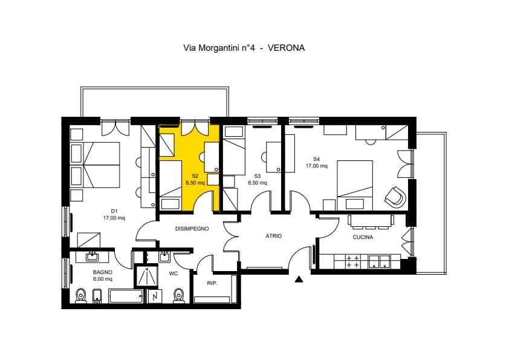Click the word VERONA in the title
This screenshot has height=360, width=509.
[285, 47]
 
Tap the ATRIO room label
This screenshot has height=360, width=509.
[274, 236]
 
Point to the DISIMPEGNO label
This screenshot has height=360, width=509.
[192, 229]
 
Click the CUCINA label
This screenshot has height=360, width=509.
[363, 238]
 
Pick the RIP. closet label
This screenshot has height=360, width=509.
[212, 283]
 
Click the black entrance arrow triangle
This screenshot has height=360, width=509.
[299, 280]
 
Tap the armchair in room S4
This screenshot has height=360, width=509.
[395, 196]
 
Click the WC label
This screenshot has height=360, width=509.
[172, 273]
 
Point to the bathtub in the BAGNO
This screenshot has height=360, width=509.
[126, 296]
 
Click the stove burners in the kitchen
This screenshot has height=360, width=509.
[352, 262]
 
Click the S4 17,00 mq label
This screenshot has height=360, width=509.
[316, 163]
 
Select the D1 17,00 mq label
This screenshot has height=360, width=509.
[114, 214]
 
